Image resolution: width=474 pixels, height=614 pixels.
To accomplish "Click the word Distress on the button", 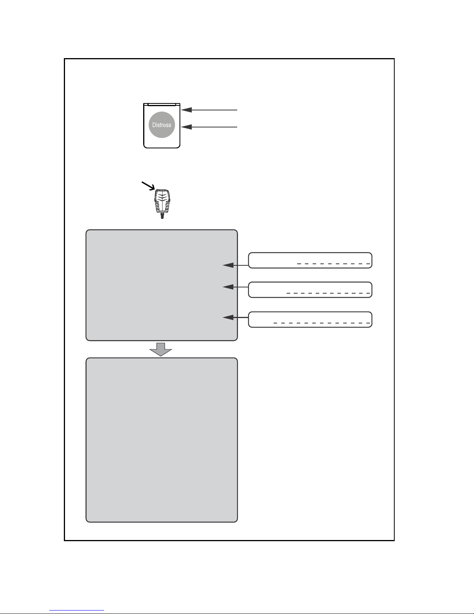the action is (162, 125).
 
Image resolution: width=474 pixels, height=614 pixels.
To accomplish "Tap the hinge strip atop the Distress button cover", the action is (162, 104).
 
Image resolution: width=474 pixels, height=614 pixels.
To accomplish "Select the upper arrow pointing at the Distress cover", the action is (209, 110).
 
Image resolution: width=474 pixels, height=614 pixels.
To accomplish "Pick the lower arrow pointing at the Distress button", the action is (209, 127).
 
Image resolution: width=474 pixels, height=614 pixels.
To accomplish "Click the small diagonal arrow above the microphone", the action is (149, 186).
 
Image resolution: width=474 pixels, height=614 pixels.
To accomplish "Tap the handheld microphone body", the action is (162, 201).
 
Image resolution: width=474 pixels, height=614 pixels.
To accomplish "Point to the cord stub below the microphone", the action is (162, 216).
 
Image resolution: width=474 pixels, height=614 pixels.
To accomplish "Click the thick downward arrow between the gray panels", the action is (161, 349).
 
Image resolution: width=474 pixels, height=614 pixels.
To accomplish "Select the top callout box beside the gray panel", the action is (310, 260).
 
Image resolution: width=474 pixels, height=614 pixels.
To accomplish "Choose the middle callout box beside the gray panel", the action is (310, 290).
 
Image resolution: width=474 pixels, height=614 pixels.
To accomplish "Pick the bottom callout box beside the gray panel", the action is (310, 320).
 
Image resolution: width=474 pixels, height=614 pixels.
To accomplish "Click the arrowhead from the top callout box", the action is (228, 265).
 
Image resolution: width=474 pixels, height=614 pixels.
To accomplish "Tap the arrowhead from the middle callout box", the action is (228, 287).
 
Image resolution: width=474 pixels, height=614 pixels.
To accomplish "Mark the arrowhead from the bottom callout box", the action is (228, 317).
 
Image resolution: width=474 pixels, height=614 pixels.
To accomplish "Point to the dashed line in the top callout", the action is (334, 264).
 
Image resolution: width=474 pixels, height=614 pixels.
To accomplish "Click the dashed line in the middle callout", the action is (328, 293).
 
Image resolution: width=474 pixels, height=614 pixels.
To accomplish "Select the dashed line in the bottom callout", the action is (322, 323).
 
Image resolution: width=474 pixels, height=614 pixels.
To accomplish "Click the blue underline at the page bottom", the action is (77, 611).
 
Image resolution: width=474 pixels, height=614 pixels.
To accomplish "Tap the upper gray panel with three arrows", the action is (162, 285).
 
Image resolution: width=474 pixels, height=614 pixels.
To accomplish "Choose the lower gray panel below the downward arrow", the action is (162, 440).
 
